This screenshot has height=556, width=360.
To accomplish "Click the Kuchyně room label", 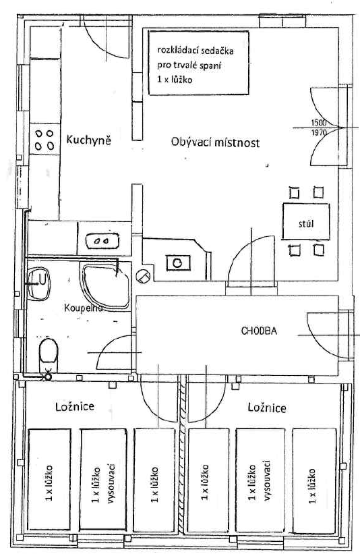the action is pyautogui.click(x=88, y=140).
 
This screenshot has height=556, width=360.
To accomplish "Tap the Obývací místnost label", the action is pyautogui.click(x=216, y=142).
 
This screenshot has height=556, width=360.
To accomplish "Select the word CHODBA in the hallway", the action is pyautogui.click(x=259, y=331).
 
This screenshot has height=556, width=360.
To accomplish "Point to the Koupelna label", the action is pyautogui.click(x=84, y=308).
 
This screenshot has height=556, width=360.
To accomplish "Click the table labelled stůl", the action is pyautogui.click(x=306, y=221).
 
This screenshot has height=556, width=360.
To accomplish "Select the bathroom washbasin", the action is pyautogui.click(x=39, y=283).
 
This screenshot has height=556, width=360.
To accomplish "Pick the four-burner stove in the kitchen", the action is pyautogui.click(x=44, y=140).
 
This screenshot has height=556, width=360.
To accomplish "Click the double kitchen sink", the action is pyautogui.click(x=102, y=241).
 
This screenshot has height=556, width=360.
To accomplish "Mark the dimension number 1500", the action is pyautogui.click(x=319, y=123).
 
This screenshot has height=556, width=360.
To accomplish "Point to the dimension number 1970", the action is pyautogui.click(x=319, y=133).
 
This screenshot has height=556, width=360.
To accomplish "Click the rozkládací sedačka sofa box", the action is pyautogui.click(x=198, y=63).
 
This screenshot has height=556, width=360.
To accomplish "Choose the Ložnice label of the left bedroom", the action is pyautogui.click(x=75, y=406).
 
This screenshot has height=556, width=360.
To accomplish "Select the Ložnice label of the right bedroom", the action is pyautogui.click(x=267, y=408).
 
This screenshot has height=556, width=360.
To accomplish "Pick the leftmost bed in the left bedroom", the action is pyautogui.click(x=49, y=480).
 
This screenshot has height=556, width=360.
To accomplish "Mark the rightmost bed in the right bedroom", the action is pyautogui.click(x=314, y=481).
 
